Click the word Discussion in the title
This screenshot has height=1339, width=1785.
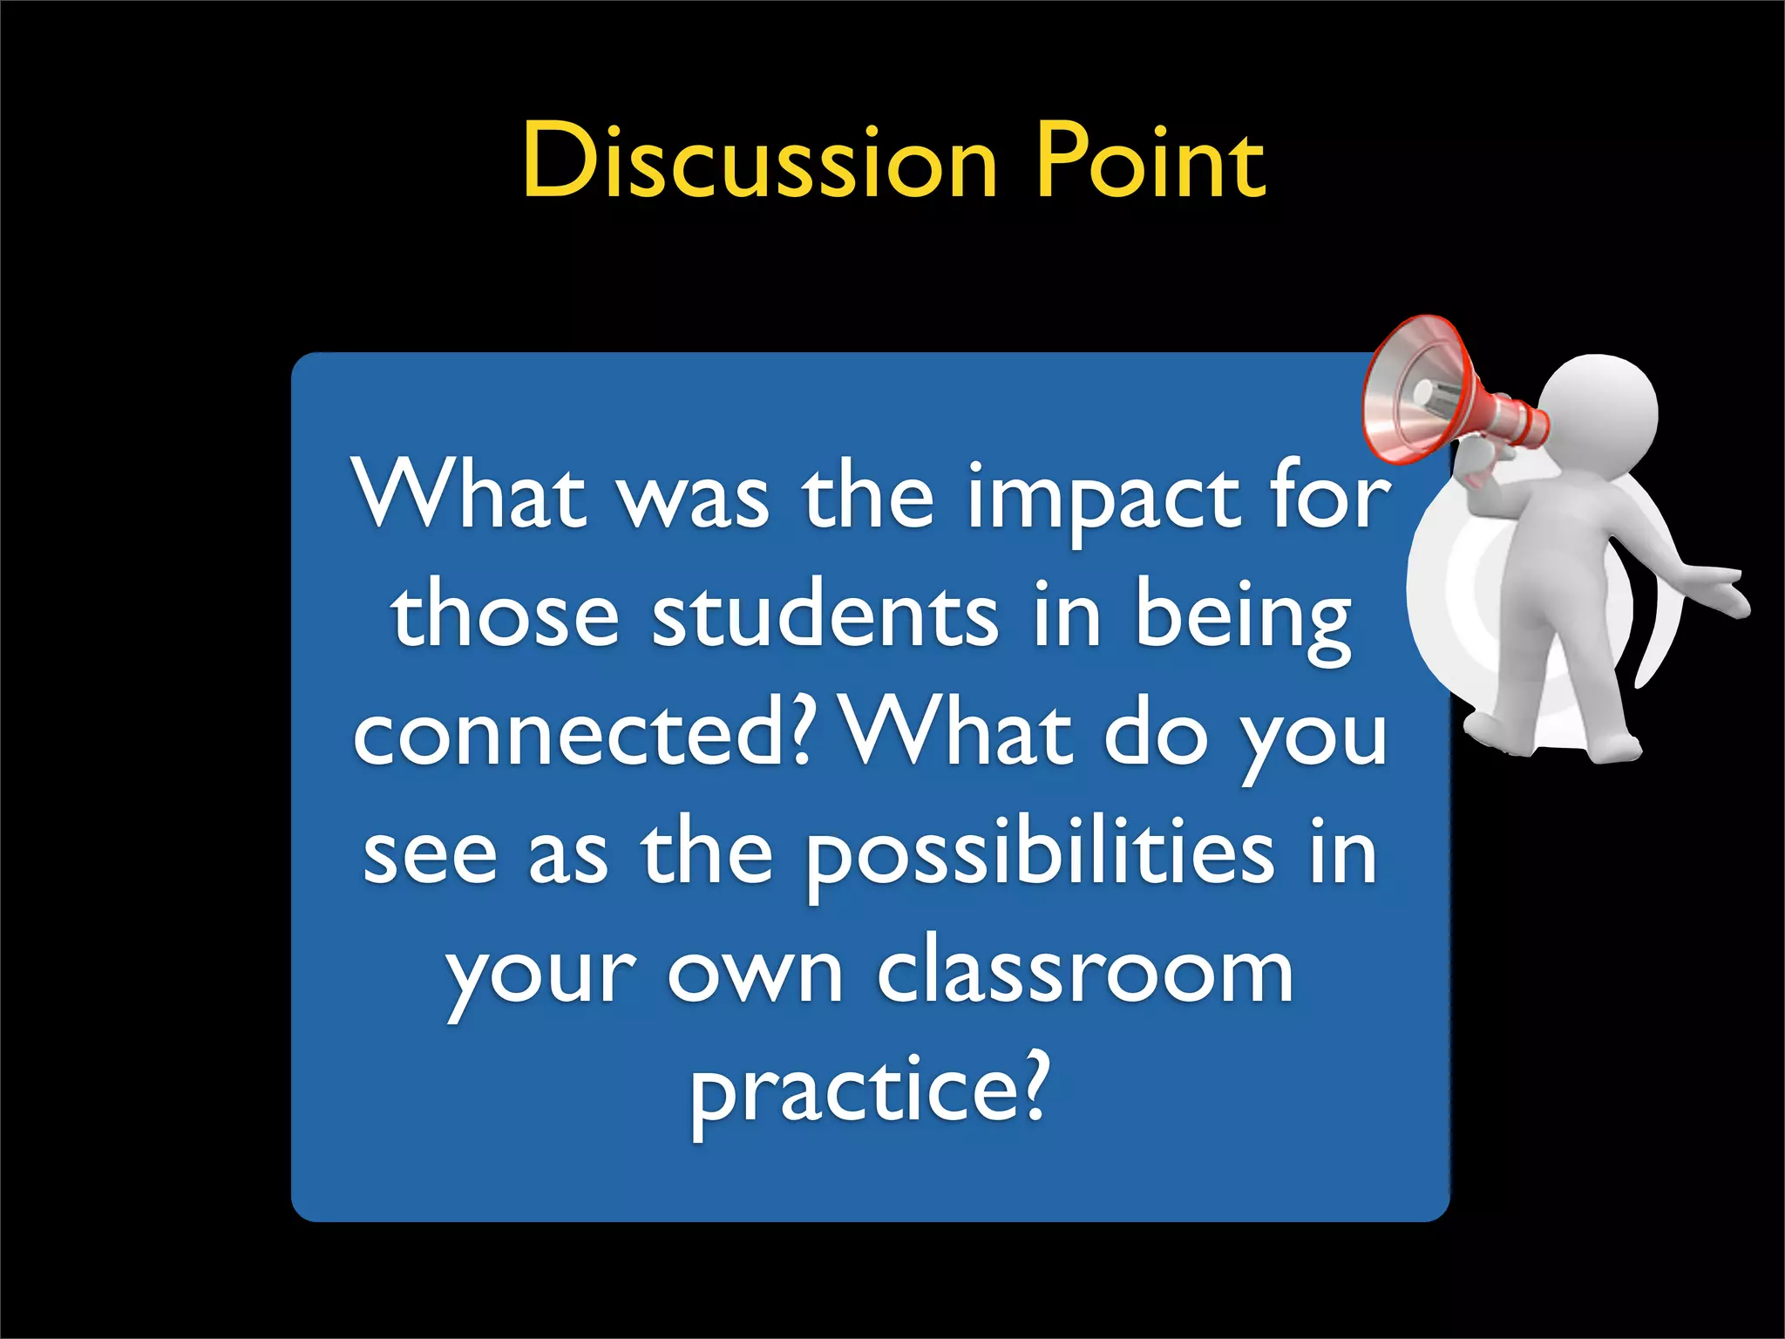tap(759, 161)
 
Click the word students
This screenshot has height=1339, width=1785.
tap(825, 616)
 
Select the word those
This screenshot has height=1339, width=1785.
tap(506, 616)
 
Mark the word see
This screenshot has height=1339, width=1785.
tap(430, 856)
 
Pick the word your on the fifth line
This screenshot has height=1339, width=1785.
tap(540, 976)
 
